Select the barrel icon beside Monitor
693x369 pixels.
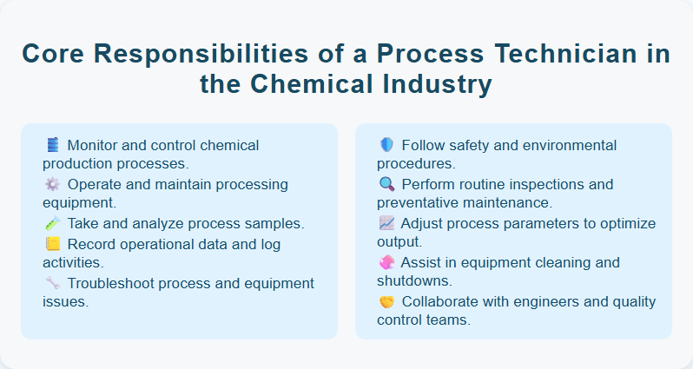click(52, 145)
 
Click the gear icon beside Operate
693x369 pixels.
click(52, 184)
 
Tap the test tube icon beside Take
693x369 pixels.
click(52, 223)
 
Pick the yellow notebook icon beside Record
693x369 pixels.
click(52, 243)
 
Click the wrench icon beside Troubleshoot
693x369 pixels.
click(52, 282)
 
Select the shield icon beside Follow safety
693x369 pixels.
click(387, 145)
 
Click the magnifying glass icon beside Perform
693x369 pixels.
click(387, 184)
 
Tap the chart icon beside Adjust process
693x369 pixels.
click(387, 223)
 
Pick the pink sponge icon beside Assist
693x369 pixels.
click(387, 262)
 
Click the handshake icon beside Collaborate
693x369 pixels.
click(387, 301)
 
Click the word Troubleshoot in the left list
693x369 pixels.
click(113, 283)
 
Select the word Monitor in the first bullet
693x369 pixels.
click(94, 145)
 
